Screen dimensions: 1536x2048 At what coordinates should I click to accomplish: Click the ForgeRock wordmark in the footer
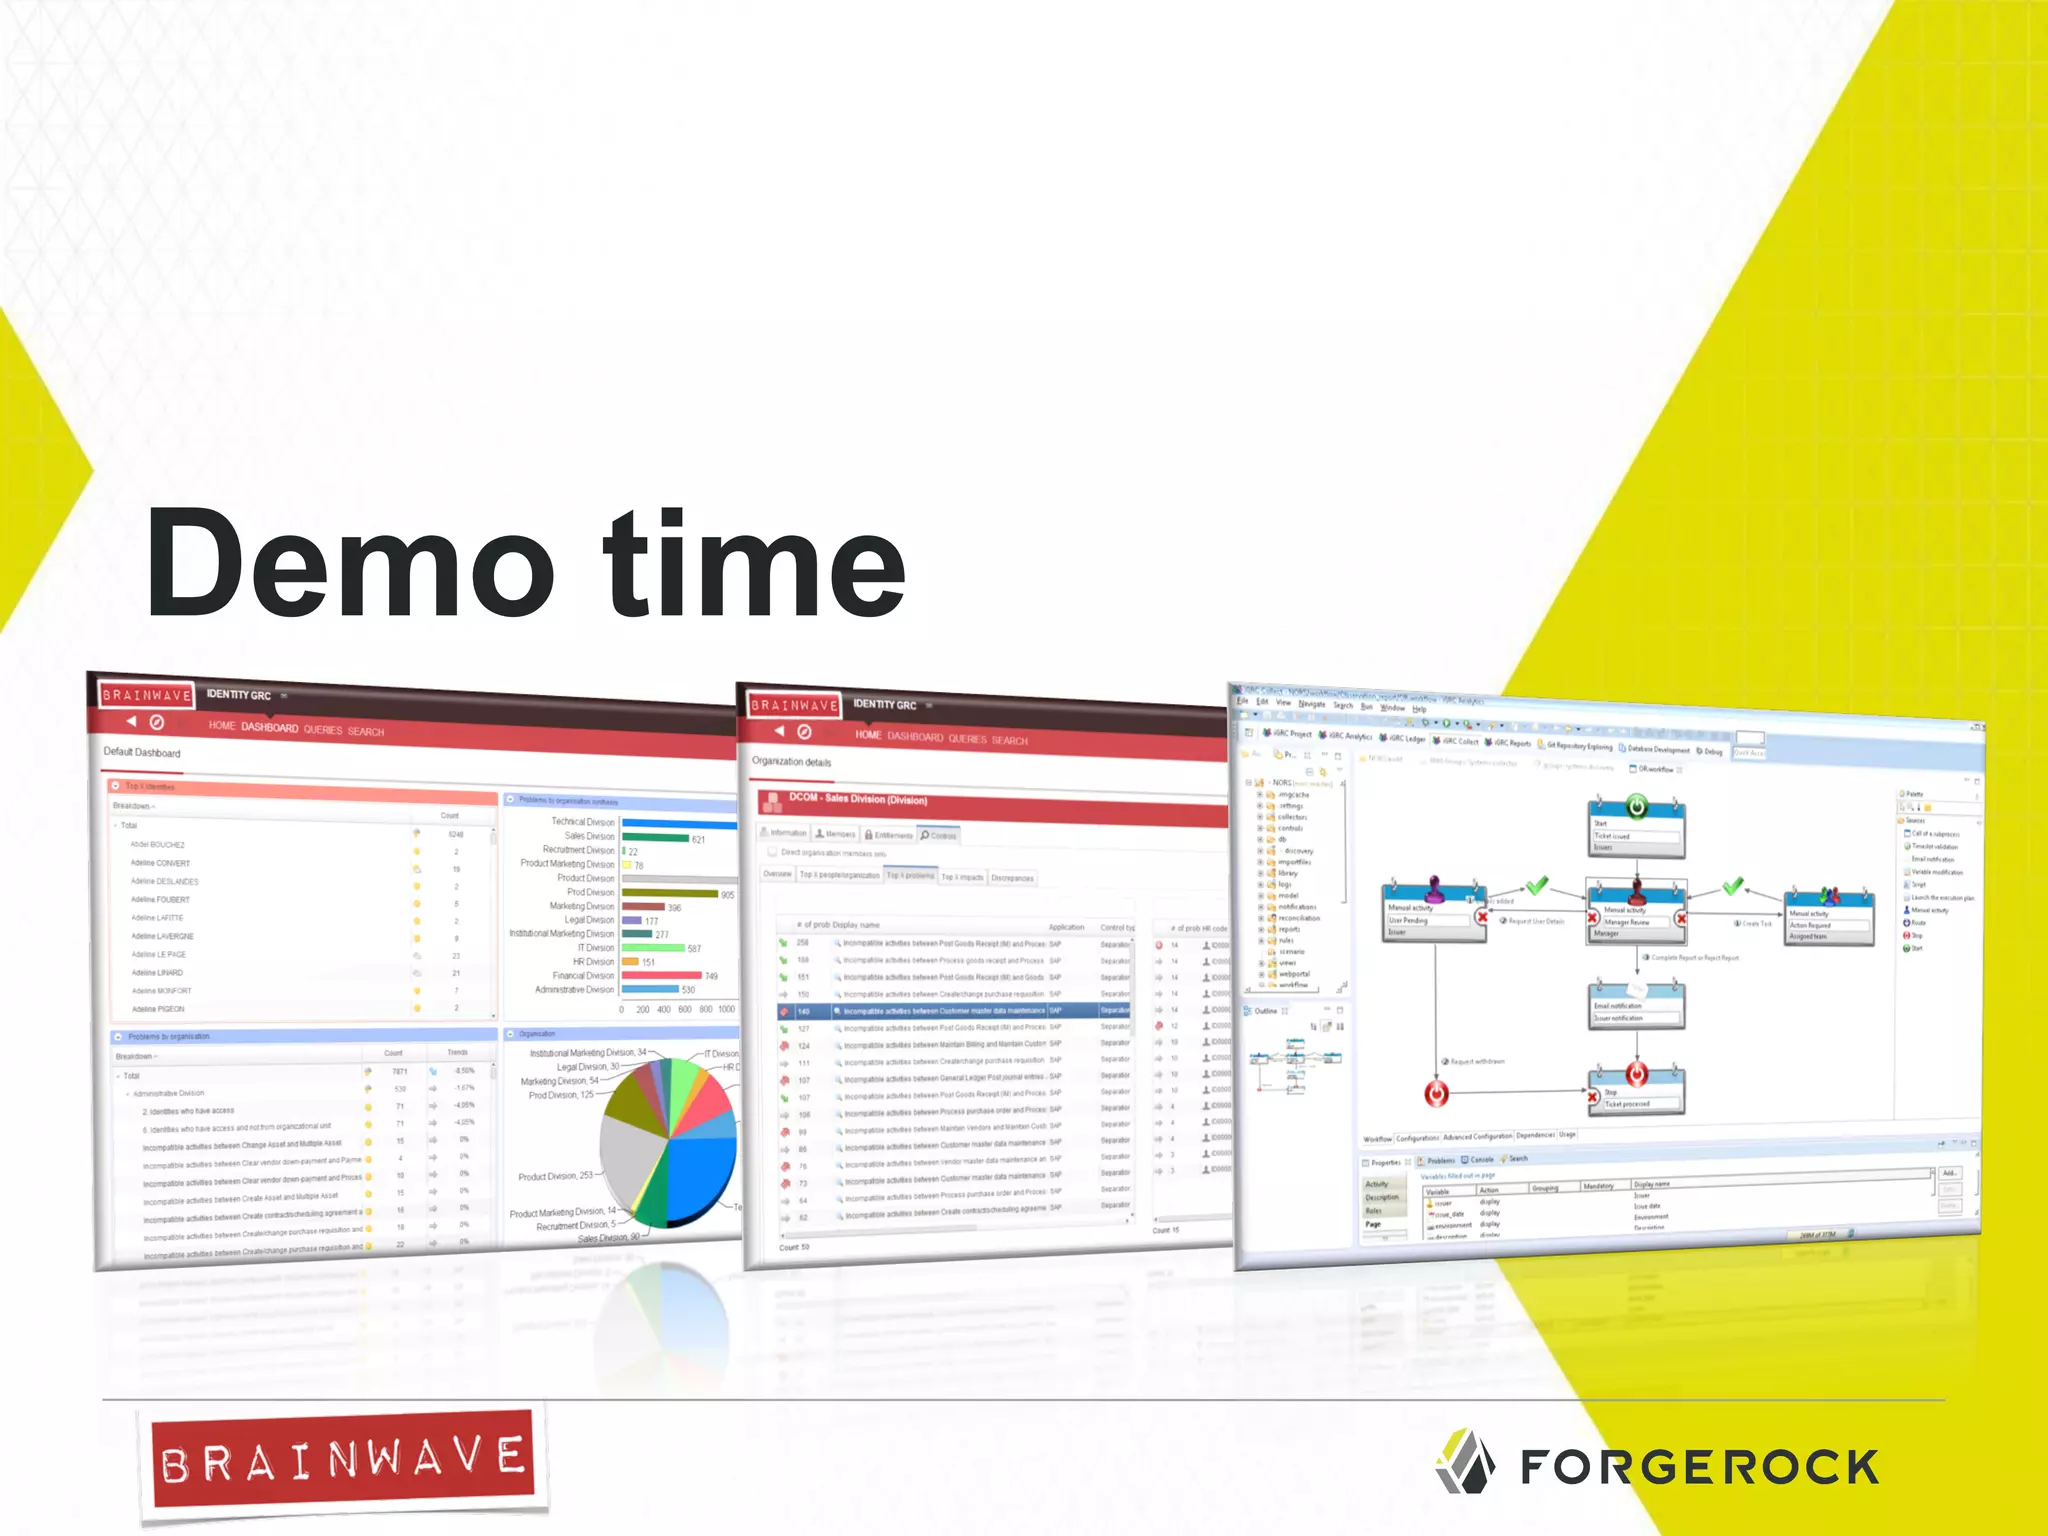[x=1699, y=1467]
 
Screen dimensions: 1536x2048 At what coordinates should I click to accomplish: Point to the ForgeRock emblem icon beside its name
[x=1465, y=1461]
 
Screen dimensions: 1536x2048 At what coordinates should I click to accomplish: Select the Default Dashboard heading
[x=142, y=752]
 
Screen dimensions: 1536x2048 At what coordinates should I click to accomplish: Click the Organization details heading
[x=791, y=762]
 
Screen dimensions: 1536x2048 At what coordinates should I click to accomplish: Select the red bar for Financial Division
[x=661, y=975]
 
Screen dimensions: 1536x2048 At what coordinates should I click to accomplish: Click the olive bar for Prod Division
[x=669, y=893]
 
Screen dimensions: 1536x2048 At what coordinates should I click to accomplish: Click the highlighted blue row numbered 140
[x=950, y=1011]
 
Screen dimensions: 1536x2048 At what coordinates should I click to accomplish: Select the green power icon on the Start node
[x=1636, y=806]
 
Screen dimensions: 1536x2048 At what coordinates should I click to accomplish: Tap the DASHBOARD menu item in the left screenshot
[x=269, y=727]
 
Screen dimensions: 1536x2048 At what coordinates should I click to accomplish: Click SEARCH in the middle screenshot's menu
[x=1009, y=741]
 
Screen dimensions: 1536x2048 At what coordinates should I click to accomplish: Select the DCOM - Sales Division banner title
[x=858, y=799]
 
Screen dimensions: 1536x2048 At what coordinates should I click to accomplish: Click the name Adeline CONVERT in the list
[x=160, y=863]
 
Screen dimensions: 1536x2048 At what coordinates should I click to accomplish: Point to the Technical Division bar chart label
[x=582, y=822]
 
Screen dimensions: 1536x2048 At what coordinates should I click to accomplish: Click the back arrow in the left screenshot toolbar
[x=131, y=721]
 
